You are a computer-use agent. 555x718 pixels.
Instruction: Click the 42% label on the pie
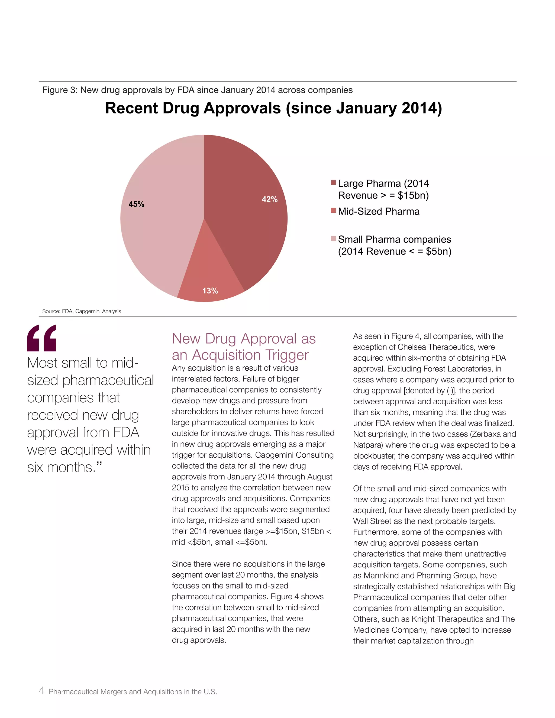pos(270,199)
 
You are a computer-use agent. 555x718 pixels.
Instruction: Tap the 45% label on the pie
pos(137,204)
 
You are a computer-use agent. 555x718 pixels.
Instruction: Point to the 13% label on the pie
pos(210,291)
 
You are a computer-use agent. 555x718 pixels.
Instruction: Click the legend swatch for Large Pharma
pos(333,182)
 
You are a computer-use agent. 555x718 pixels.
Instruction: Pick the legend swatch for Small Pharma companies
pos(333,238)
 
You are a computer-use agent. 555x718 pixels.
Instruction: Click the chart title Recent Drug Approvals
pos(273,108)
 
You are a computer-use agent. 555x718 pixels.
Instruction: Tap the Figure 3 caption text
pos(197,90)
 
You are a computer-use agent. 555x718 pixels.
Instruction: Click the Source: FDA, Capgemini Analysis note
pos(82,311)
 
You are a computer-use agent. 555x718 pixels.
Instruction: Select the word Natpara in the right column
pos(367,445)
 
